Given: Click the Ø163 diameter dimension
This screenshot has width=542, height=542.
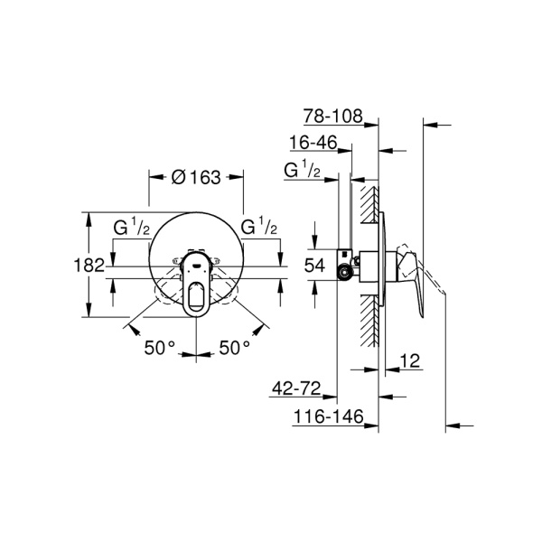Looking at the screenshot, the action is click(x=196, y=177).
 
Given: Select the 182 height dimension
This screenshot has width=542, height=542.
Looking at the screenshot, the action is click(x=89, y=266).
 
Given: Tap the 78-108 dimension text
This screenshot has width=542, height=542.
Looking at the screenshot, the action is click(x=332, y=117).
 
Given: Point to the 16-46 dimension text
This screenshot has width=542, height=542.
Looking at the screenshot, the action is click(x=313, y=143).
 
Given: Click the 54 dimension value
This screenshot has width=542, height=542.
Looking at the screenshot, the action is click(x=314, y=266).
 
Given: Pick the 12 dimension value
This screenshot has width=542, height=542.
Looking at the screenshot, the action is click(x=409, y=360).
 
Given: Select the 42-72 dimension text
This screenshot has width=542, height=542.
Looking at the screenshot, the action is click(x=296, y=388).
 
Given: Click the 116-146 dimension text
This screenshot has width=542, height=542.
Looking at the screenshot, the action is click(x=329, y=416).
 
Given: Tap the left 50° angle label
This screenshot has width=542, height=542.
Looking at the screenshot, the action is click(x=160, y=348).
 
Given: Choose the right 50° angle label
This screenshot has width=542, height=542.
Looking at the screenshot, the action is click(x=234, y=348).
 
